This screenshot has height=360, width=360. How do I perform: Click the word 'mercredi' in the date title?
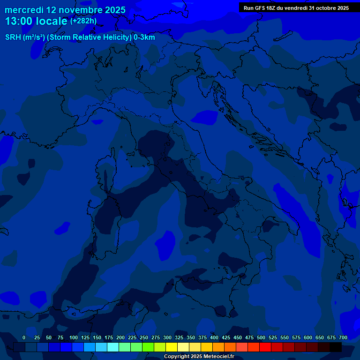[24, 10]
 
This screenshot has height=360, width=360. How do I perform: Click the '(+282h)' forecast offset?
[83, 21]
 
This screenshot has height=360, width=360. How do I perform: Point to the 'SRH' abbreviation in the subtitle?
[13, 37]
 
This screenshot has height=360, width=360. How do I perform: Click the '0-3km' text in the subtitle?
[144, 37]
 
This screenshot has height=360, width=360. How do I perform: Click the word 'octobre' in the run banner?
[321, 8]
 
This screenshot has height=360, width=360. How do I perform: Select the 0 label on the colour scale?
[24, 337]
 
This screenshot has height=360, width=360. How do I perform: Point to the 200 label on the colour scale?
[120, 337]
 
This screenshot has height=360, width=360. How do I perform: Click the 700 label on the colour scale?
[343, 337]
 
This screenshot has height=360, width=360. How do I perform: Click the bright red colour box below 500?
[265, 347]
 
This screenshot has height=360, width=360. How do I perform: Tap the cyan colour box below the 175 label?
[113, 347]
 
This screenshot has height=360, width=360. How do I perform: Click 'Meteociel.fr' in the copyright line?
[219, 357]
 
